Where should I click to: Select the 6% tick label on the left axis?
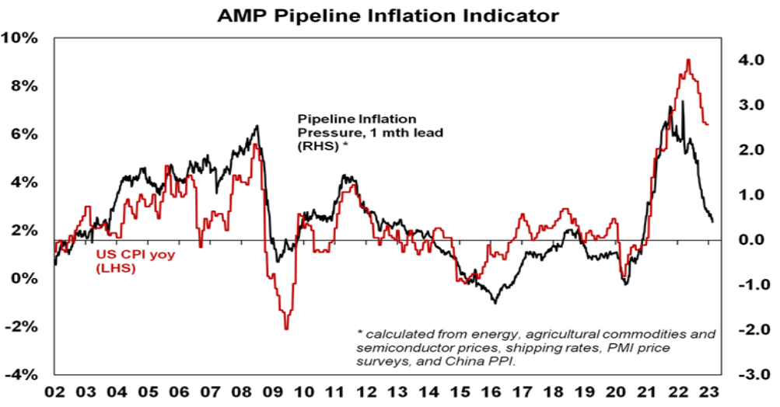click(x=23, y=134)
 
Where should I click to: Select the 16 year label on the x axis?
click(x=491, y=391)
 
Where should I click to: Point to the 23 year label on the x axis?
click(x=708, y=391)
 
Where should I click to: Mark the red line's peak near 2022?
click(x=688, y=60)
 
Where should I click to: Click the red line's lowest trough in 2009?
click(x=286, y=329)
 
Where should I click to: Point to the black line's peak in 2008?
click(x=257, y=126)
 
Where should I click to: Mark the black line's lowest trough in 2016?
click(x=495, y=302)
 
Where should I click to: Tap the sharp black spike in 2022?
click(x=683, y=102)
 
